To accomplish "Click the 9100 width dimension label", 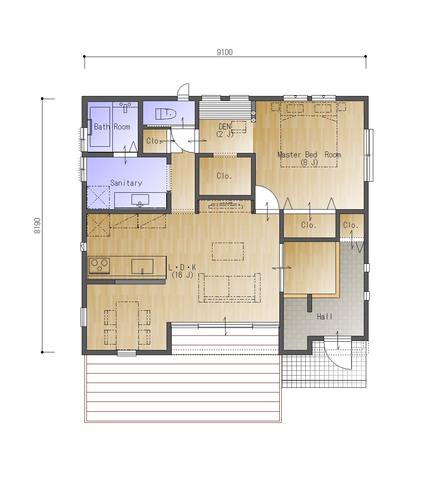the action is (x=224, y=52).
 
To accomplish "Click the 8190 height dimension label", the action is (x=37, y=226).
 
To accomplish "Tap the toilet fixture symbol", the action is (x=166, y=114).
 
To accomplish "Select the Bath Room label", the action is (x=112, y=127).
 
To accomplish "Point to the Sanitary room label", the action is (x=126, y=183).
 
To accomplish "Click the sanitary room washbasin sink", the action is (x=140, y=200).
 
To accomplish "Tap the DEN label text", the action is (x=225, y=127).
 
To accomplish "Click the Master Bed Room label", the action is (x=309, y=155).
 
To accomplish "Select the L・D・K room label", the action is (x=182, y=267).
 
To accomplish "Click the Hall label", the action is (x=325, y=317).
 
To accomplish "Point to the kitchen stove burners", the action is (x=99, y=265).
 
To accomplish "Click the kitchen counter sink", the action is (x=142, y=267).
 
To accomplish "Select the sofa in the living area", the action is (x=229, y=288).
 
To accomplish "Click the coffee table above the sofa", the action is (x=228, y=251).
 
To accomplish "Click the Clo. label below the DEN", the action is (x=224, y=176).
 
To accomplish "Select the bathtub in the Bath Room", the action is (x=100, y=127).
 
